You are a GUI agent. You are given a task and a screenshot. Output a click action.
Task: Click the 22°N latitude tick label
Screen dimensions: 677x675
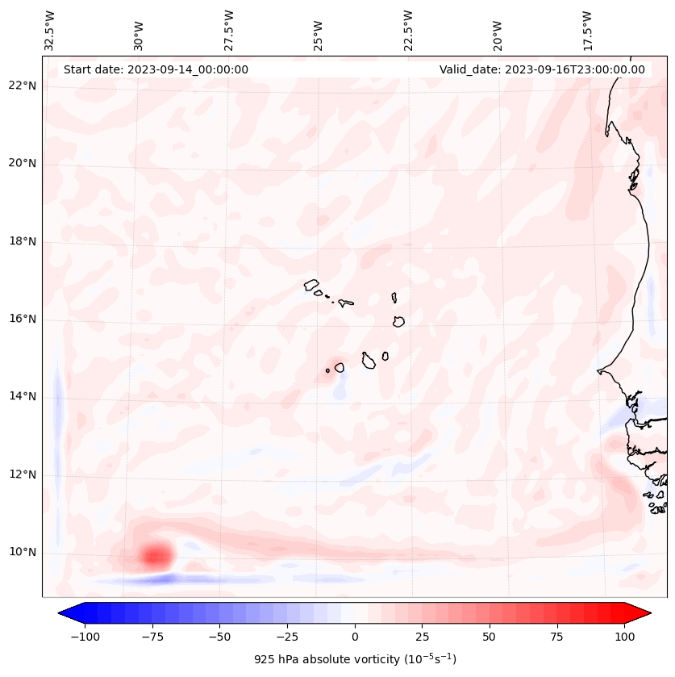[23, 86]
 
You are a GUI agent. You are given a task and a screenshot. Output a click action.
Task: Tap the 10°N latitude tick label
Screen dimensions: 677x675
[23, 552]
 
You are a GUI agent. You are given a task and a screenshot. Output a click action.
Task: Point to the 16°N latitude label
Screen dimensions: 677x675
[23, 319]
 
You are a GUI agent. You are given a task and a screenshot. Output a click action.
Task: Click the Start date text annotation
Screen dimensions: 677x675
[156, 69]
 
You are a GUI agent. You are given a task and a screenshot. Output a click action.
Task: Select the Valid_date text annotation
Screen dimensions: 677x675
[542, 69]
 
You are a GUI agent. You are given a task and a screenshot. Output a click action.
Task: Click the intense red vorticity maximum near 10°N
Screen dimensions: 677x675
[156, 555]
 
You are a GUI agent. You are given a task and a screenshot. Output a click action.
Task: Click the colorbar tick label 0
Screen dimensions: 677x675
[355, 637]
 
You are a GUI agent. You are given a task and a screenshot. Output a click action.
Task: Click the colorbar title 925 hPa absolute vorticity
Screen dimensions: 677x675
[355, 659]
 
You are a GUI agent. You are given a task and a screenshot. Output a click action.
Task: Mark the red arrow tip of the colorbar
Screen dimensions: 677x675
[648, 613]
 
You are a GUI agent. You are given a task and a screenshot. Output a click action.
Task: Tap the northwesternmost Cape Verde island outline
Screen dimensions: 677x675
[311, 284]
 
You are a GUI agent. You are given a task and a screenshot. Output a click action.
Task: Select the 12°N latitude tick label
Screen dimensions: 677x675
[23, 474]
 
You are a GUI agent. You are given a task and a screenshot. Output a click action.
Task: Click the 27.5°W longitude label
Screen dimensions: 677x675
[229, 30]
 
